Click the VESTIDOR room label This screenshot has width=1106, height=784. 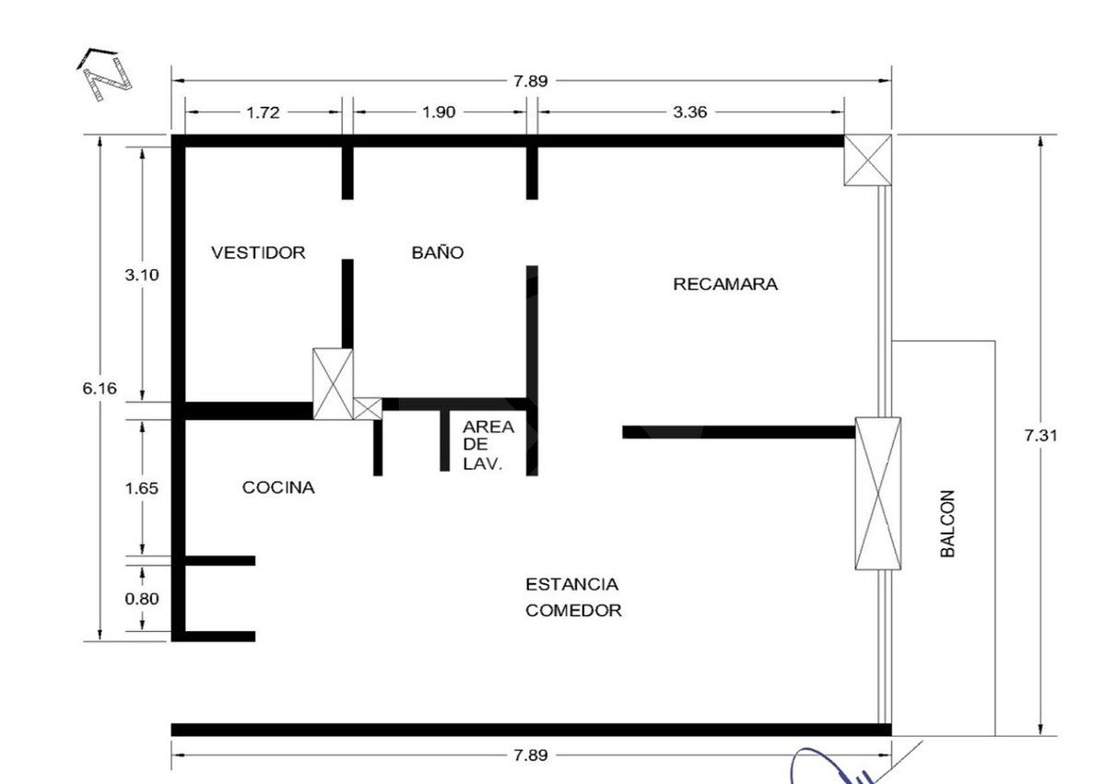(258, 252)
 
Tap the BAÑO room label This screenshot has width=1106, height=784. (438, 252)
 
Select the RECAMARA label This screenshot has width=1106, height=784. (725, 284)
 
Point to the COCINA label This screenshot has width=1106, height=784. (278, 487)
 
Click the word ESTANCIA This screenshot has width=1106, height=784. (571, 584)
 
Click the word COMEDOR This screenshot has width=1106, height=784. (573, 610)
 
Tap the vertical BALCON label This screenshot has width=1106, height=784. (947, 523)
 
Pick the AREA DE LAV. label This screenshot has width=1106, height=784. (488, 445)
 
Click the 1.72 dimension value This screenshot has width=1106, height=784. (264, 112)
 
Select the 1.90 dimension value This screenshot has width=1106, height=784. (439, 112)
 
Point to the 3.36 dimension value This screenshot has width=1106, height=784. (689, 112)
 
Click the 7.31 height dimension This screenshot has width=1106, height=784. (1041, 436)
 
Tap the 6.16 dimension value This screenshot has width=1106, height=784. (100, 388)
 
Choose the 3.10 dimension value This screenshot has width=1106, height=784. (142, 275)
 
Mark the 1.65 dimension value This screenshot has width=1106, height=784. (142, 488)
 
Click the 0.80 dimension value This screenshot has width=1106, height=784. (142, 599)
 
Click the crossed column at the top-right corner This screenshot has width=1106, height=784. (867, 160)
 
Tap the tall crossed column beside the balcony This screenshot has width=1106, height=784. (877, 494)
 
